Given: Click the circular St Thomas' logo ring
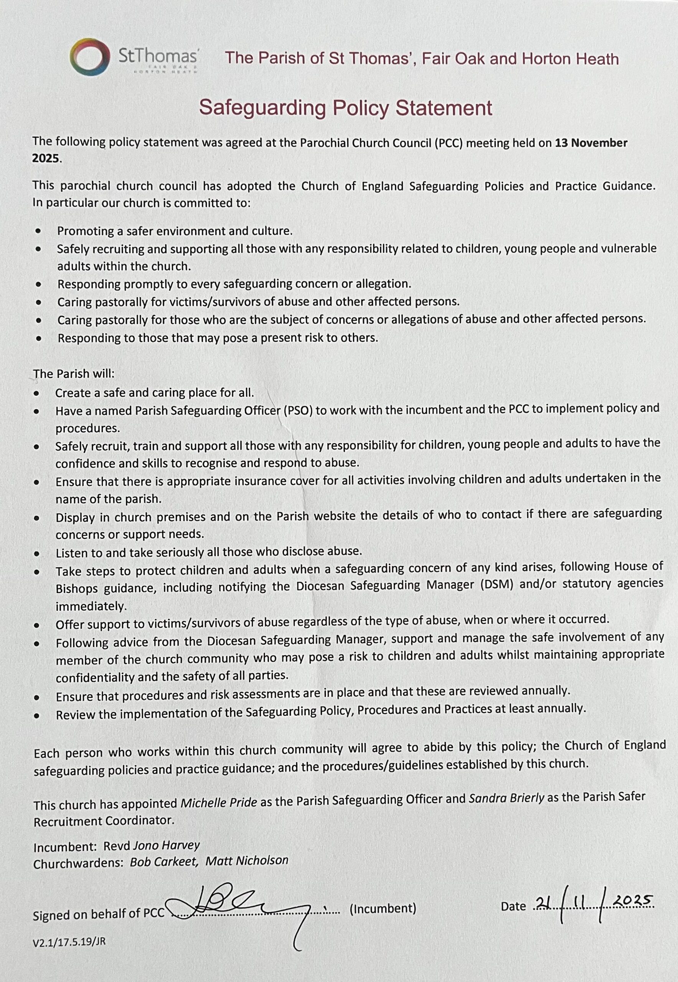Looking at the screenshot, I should pyautogui.click(x=88, y=57).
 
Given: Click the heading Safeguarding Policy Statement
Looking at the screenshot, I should pyautogui.click(x=345, y=108).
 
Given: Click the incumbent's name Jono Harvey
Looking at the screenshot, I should pyautogui.click(x=166, y=845).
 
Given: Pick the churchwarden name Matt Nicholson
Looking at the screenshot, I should pyautogui.click(x=247, y=860).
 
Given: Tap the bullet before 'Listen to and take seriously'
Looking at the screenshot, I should pyautogui.click(x=37, y=554).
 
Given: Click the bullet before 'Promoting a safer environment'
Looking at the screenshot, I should pyautogui.click(x=39, y=231).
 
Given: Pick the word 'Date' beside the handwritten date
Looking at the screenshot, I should pyautogui.click(x=513, y=906).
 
